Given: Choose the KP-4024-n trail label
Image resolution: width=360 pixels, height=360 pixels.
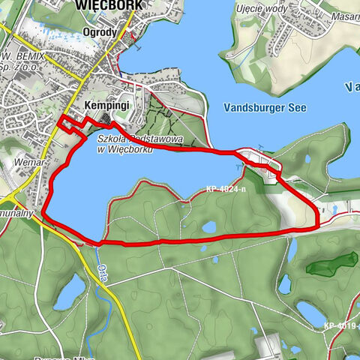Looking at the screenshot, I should [x=224, y=190].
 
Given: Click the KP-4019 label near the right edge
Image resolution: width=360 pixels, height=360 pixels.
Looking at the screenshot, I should [x=342, y=325].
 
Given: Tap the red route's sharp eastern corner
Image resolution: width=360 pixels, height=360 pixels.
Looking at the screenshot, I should [x=318, y=225].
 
